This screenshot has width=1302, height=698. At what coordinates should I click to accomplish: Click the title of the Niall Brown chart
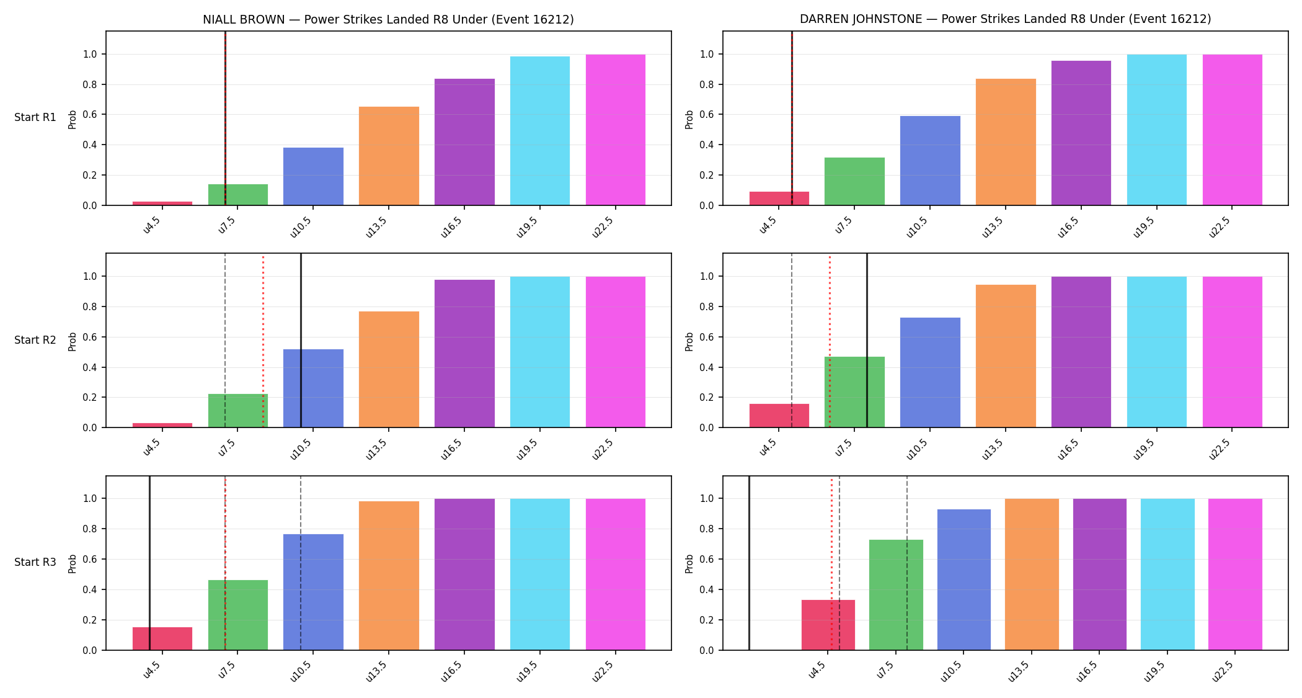pyautogui.click(x=388, y=19)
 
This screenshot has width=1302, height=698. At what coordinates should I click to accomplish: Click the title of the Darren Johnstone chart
pyautogui.click(x=1005, y=19)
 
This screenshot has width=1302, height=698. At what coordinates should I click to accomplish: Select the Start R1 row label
pyautogui.click(x=35, y=117)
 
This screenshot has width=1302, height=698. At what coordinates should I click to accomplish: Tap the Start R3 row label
pyautogui.click(x=35, y=562)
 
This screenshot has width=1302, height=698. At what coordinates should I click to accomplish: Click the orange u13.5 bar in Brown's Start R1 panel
pyautogui.click(x=389, y=156)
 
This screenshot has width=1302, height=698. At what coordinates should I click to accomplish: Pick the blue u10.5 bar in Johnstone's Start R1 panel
pyautogui.click(x=930, y=161)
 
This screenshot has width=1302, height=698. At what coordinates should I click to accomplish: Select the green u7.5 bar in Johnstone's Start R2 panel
pyautogui.click(x=854, y=392)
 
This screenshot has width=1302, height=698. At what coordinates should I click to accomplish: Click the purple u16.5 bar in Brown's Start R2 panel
pyautogui.click(x=464, y=354)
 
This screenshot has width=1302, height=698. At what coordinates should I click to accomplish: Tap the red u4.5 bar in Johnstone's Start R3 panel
pyautogui.click(x=828, y=625)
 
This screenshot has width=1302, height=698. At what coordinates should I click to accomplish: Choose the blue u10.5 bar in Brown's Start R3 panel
pyautogui.click(x=313, y=592)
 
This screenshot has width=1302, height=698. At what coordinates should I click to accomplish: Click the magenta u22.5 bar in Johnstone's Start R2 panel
pyautogui.click(x=1233, y=352)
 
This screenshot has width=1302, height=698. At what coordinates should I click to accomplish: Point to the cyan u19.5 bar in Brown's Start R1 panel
pyautogui.click(x=540, y=131)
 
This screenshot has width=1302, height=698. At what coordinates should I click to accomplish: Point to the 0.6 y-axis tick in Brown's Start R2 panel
pyautogui.click(x=90, y=337)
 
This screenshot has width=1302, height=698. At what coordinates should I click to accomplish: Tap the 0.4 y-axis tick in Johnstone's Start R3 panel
pyautogui.click(x=707, y=589)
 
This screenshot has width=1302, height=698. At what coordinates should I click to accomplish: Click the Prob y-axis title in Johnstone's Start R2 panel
pyautogui.click(x=689, y=341)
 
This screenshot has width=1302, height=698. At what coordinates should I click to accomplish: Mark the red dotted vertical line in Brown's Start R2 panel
pyautogui.click(x=263, y=341)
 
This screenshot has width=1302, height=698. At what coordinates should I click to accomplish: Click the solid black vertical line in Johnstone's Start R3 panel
pyautogui.click(x=749, y=563)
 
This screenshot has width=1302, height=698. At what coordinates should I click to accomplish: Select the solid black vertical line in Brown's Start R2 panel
pyautogui.click(x=301, y=341)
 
